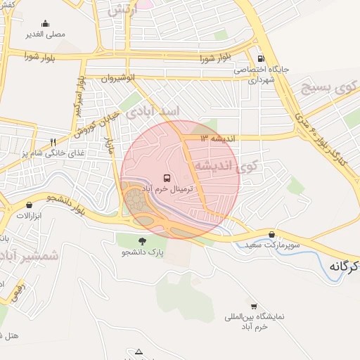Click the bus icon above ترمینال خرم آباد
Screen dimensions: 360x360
point(167,178)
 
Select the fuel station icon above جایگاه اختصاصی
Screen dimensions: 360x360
point(262,58)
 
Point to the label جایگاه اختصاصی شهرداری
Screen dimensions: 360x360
point(262,75)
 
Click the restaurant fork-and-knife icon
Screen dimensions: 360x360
point(53,142)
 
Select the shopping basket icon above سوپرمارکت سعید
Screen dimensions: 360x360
point(272,234)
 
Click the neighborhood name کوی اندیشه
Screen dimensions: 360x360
point(224,167)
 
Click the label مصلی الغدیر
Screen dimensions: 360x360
point(45,34)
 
